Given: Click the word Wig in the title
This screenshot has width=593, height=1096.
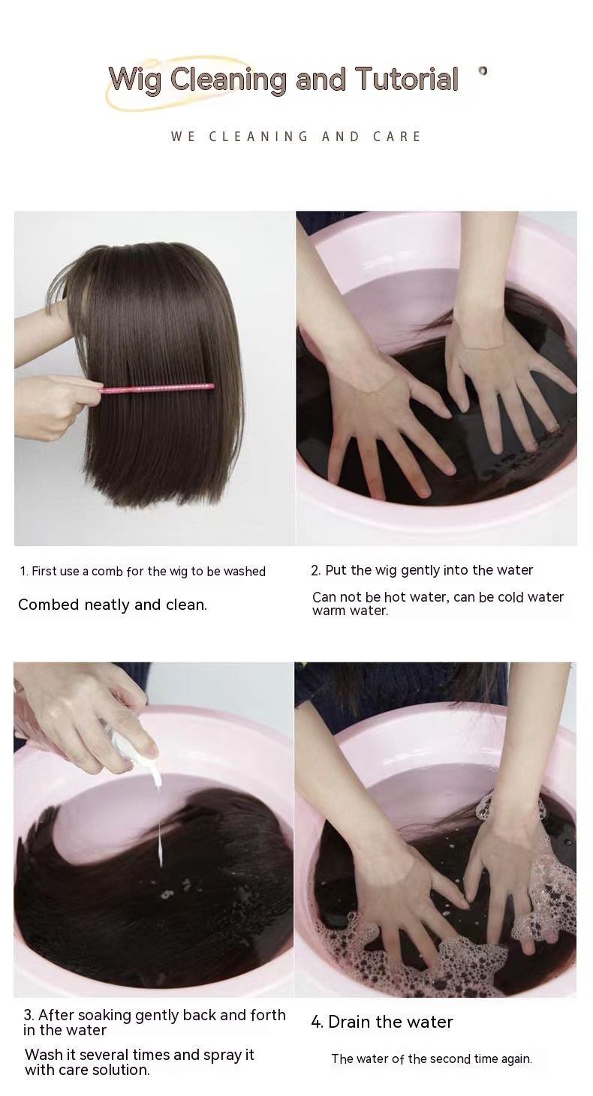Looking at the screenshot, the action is [135, 80].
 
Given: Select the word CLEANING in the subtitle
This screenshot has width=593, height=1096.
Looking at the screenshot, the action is [258, 137].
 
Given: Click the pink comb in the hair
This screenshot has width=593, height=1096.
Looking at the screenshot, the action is [157, 389].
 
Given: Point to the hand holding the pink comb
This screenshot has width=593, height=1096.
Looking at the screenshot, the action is [49, 405].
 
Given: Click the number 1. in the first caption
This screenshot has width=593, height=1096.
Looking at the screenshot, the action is [24, 572].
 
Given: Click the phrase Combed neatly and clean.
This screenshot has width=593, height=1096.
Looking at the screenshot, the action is [113, 605].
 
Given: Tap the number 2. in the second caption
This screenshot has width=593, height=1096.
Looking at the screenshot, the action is [315, 571].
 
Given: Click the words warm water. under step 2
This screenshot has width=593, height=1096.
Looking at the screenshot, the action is [350, 611].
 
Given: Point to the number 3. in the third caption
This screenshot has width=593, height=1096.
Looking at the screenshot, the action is [29, 1015].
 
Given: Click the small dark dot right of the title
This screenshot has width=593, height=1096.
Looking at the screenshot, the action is [483, 71].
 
